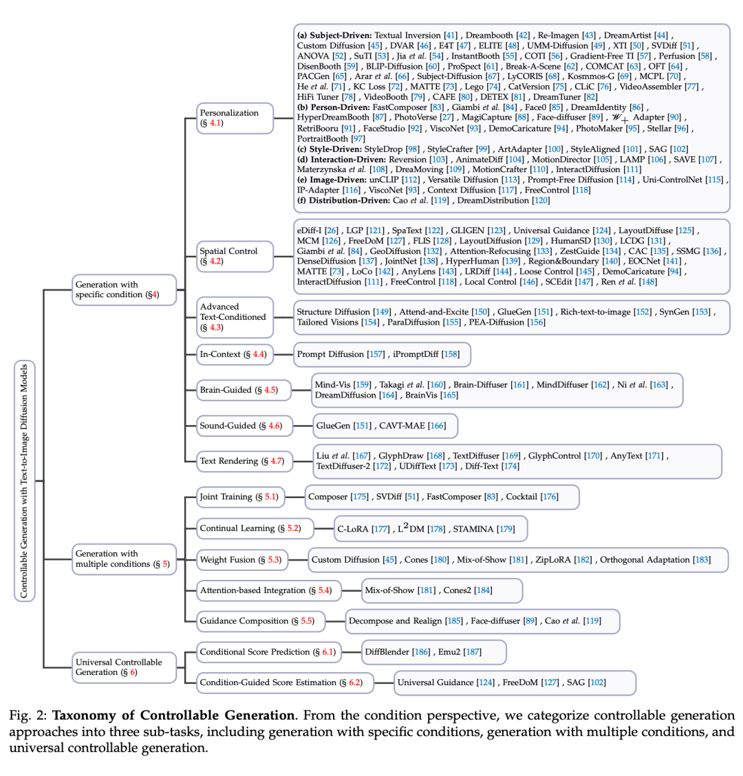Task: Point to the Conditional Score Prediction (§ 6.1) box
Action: coord(268,651)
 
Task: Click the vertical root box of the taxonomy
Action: coord(24,481)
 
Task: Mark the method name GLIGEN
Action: coord(468,230)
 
